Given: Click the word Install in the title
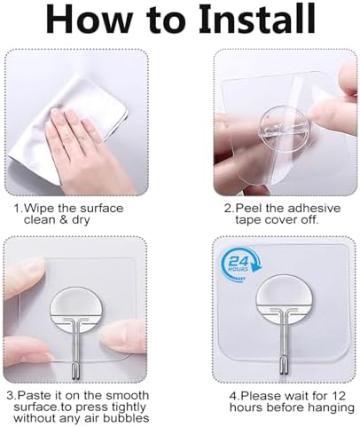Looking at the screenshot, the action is pos(257,20).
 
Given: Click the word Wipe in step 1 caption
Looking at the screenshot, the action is pos(39,209).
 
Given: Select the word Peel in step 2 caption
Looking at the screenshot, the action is pos(249,209).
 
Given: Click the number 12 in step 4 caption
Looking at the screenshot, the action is pos(339,396).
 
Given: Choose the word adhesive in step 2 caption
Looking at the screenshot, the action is pos(315,209).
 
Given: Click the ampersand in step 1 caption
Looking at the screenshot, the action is pos(64,220).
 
